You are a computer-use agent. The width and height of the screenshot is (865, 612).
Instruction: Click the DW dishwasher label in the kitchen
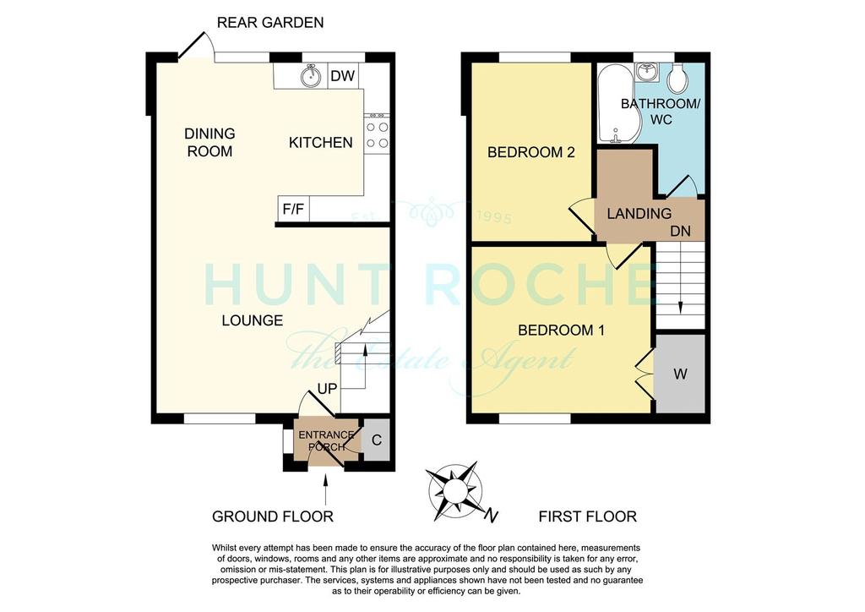[342, 76]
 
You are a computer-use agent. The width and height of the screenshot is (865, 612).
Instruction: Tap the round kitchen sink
[312, 75]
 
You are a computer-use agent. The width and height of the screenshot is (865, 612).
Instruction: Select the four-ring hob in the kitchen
[377, 134]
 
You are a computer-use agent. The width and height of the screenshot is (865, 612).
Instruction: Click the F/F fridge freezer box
[293, 209]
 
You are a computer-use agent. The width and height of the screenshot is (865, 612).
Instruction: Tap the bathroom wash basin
[646, 71]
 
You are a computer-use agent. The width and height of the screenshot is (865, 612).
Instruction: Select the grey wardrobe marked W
[680, 374]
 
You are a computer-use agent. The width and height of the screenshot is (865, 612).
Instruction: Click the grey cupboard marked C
[377, 440]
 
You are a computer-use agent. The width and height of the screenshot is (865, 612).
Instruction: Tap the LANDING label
[639, 214]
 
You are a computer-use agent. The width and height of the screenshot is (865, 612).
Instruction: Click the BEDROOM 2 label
[531, 152]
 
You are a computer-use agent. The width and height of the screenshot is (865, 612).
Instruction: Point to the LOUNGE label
[252, 320]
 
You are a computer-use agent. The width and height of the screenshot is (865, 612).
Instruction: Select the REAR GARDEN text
[270, 23]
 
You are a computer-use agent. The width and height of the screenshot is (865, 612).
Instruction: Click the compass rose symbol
[455, 491]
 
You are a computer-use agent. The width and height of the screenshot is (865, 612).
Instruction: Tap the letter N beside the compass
[491, 516]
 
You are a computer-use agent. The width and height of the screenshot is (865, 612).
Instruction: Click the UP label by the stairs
[327, 389]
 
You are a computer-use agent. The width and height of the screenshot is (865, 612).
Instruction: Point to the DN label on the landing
[680, 232]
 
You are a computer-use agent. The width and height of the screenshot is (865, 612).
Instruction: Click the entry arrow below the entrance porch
[325, 489]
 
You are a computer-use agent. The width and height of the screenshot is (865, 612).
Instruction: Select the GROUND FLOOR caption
[273, 516]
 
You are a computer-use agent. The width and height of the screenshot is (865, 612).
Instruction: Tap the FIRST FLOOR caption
[588, 516]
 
